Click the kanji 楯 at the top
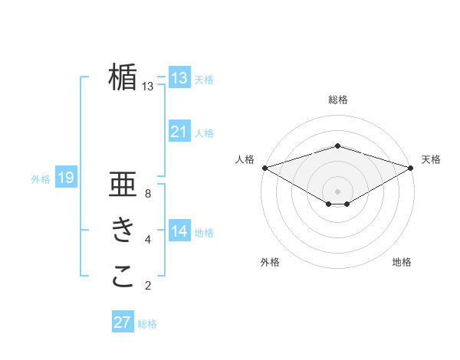pyautogui.click(x=123, y=77)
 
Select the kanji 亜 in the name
pyautogui.click(x=123, y=186)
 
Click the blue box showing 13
pyautogui.click(x=179, y=78)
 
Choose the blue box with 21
pyautogui.click(x=179, y=132)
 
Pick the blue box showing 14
pyautogui.click(x=179, y=231)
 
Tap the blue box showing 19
pyautogui.click(x=66, y=178)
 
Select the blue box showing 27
pyautogui.click(x=123, y=322)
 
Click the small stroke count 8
pyautogui.click(x=148, y=194)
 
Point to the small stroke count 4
pyautogui.click(x=148, y=240)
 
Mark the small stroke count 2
pyautogui.click(x=148, y=286)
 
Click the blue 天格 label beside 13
pyautogui.click(x=204, y=80)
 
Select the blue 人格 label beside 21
pyautogui.click(x=204, y=133)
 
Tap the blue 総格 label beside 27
pyautogui.click(x=147, y=324)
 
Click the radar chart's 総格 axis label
pyautogui.click(x=337, y=100)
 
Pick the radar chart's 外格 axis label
pyautogui.click(x=270, y=263)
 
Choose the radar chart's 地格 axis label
pyautogui.click(x=402, y=263)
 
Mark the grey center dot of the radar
pyautogui.click(x=337, y=191)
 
